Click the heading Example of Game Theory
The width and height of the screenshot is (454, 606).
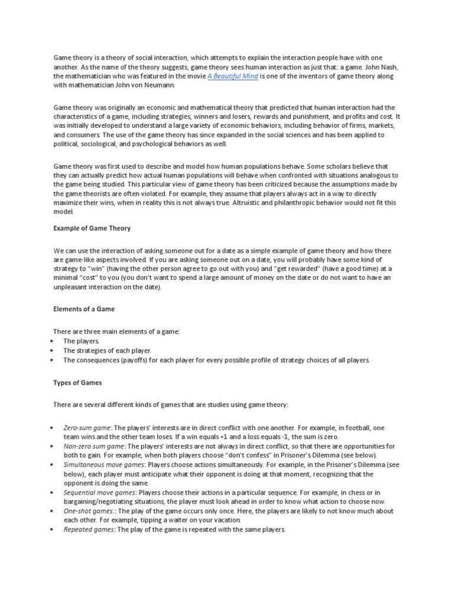[92, 228]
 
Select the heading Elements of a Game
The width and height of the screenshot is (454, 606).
[85, 309]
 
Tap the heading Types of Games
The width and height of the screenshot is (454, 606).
[78, 383]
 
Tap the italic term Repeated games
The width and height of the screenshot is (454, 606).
[87, 530]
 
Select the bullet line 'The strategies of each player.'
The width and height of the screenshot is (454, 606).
[107, 350]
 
